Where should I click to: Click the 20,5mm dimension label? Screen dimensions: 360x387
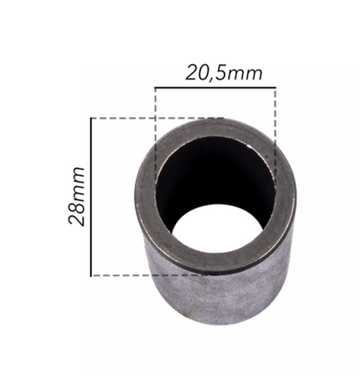[224, 74]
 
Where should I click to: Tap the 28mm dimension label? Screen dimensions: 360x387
[77, 197]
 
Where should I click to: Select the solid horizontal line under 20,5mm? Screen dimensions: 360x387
[215, 87]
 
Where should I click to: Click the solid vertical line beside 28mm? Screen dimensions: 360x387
[91, 197]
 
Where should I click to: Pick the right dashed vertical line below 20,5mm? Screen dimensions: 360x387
[275, 136]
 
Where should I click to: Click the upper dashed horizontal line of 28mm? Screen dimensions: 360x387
[157, 118]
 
